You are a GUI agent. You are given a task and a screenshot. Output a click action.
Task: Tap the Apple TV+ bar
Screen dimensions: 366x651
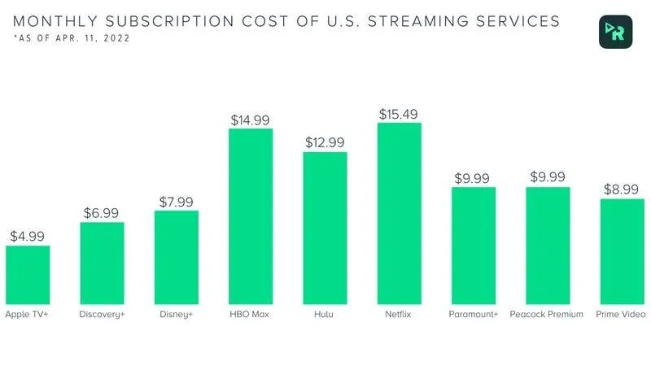click(28, 274)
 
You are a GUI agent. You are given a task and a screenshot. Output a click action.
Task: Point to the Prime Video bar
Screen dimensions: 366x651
click(623, 251)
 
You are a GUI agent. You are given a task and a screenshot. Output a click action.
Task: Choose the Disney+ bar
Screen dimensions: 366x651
click(177, 256)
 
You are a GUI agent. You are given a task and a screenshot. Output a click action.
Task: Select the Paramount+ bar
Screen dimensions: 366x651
click(474, 245)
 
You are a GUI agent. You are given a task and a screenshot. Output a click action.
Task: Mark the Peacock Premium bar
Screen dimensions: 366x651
click(548, 245)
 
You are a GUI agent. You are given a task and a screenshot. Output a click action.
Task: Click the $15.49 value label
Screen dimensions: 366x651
click(400, 114)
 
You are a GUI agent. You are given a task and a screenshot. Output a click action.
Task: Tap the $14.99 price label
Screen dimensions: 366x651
click(251, 120)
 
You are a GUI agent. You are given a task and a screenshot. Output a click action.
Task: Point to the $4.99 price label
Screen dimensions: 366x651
click(28, 236)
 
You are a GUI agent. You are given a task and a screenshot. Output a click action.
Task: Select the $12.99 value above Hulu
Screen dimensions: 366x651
click(325, 142)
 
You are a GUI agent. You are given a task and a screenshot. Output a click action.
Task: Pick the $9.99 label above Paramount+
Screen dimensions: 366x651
click(474, 177)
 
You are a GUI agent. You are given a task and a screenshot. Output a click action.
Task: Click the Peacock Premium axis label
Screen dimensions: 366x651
click(547, 314)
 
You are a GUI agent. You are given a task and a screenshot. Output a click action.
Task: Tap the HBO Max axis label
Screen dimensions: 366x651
click(251, 314)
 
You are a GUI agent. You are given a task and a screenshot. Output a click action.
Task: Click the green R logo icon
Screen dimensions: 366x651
click(615, 31)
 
